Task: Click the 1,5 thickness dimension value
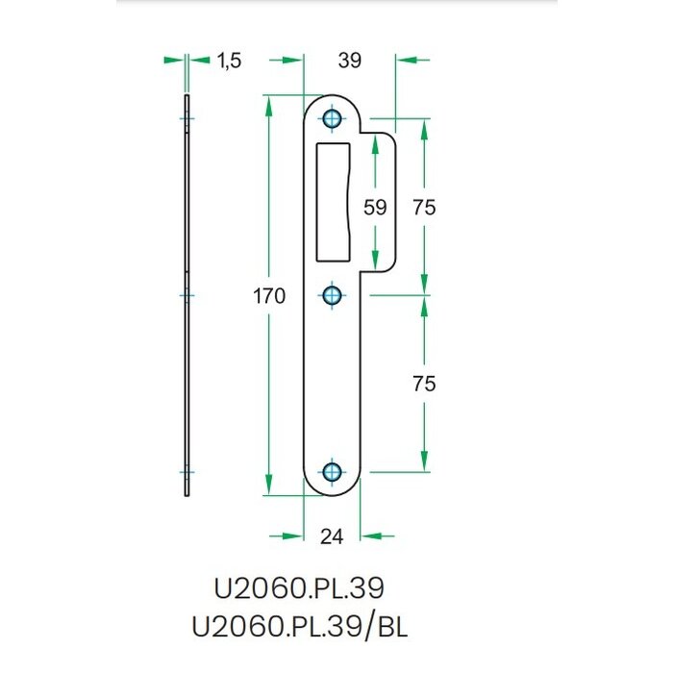[x=228, y=61]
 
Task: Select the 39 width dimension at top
[x=350, y=61]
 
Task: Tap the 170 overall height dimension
[x=271, y=296]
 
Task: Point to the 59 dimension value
[x=375, y=207]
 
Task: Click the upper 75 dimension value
[x=424, y=207]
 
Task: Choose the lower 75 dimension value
[x=424, y=383]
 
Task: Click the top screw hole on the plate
[x=333, y=119]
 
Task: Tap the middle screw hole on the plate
[x=333, y=295]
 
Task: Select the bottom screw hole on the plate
[x=333, y=471]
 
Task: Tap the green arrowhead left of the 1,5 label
[x=173, y=61]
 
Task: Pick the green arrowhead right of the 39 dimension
[x=409, y=61]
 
